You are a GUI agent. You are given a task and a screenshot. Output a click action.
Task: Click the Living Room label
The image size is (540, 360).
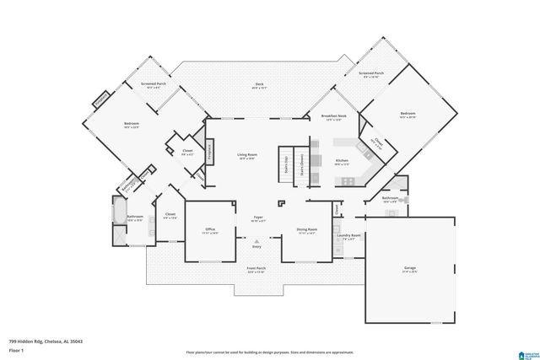(247, 156)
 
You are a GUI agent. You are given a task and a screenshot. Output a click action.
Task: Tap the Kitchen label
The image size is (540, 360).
(342, 161)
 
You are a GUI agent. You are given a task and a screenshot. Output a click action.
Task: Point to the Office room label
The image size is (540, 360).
(211, 230)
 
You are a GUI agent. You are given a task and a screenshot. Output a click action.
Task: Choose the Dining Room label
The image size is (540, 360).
(306, 230)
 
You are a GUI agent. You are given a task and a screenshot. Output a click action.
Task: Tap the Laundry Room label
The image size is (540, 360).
(351, 236)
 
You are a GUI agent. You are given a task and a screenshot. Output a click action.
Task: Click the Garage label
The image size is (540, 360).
(410, 269)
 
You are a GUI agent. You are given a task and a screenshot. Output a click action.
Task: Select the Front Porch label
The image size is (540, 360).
(256, 270)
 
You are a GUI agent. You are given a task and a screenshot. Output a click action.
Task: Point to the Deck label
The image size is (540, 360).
(258, 85)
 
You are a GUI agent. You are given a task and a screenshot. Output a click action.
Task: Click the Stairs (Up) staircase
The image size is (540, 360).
(288, 163)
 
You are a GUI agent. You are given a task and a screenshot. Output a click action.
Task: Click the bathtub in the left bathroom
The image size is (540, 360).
(118, 212)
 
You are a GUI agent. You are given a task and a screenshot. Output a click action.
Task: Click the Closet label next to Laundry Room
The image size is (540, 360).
(335, 207)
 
